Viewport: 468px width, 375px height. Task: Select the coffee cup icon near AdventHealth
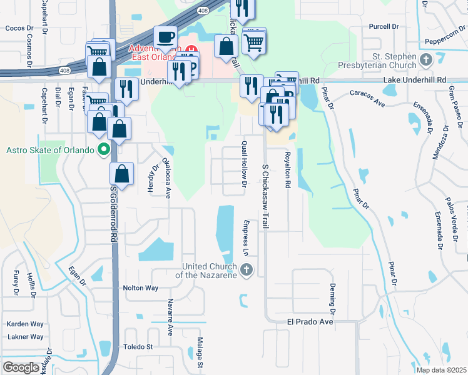tap(165, 37)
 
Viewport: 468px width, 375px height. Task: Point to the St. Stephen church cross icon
tap(427, 61)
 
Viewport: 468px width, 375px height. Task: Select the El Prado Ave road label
tap(310, 322)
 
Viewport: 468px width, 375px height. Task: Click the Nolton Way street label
tap(141, 288)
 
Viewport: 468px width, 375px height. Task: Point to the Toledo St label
tap(138, 346)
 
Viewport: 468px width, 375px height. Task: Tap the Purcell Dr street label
tap(384, 27)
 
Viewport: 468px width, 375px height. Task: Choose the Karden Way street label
tap(25, 324)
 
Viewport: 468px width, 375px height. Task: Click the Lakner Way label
tap(25, 337)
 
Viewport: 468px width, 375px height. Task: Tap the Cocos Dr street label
tap(18, 28)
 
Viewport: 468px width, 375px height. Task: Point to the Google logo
tap(21, 367)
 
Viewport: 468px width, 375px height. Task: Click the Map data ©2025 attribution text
tap(440, 370)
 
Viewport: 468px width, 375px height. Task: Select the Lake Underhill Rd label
tap(416, 80)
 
